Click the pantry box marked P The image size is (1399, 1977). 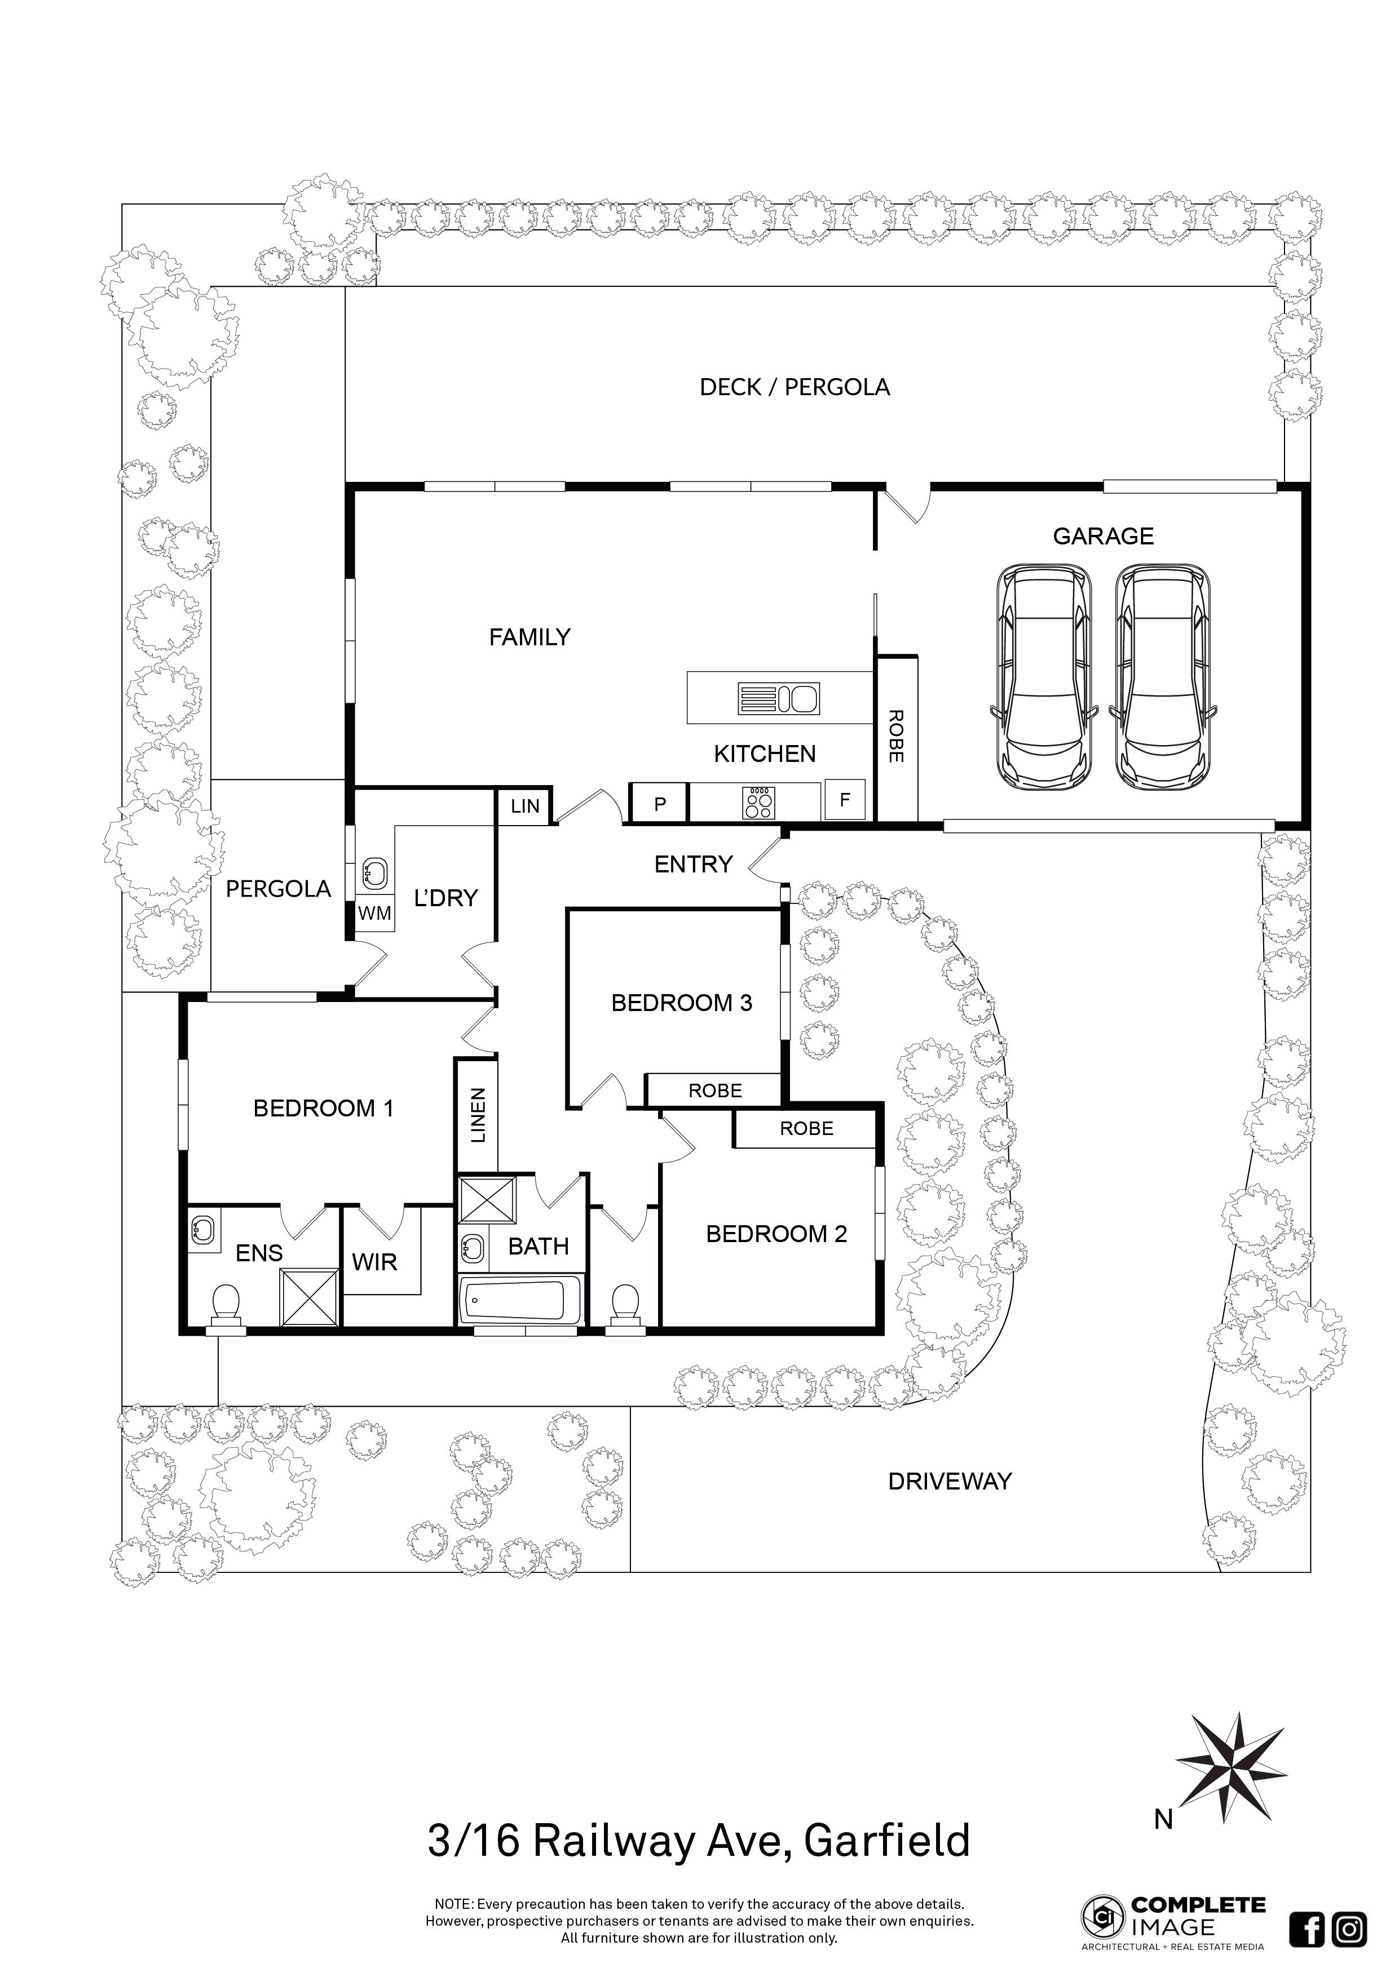point(660,804)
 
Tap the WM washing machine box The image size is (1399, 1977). point(375,913)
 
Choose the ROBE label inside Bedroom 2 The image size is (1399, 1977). point(806,1129)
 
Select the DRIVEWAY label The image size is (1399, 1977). point(950,1481)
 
